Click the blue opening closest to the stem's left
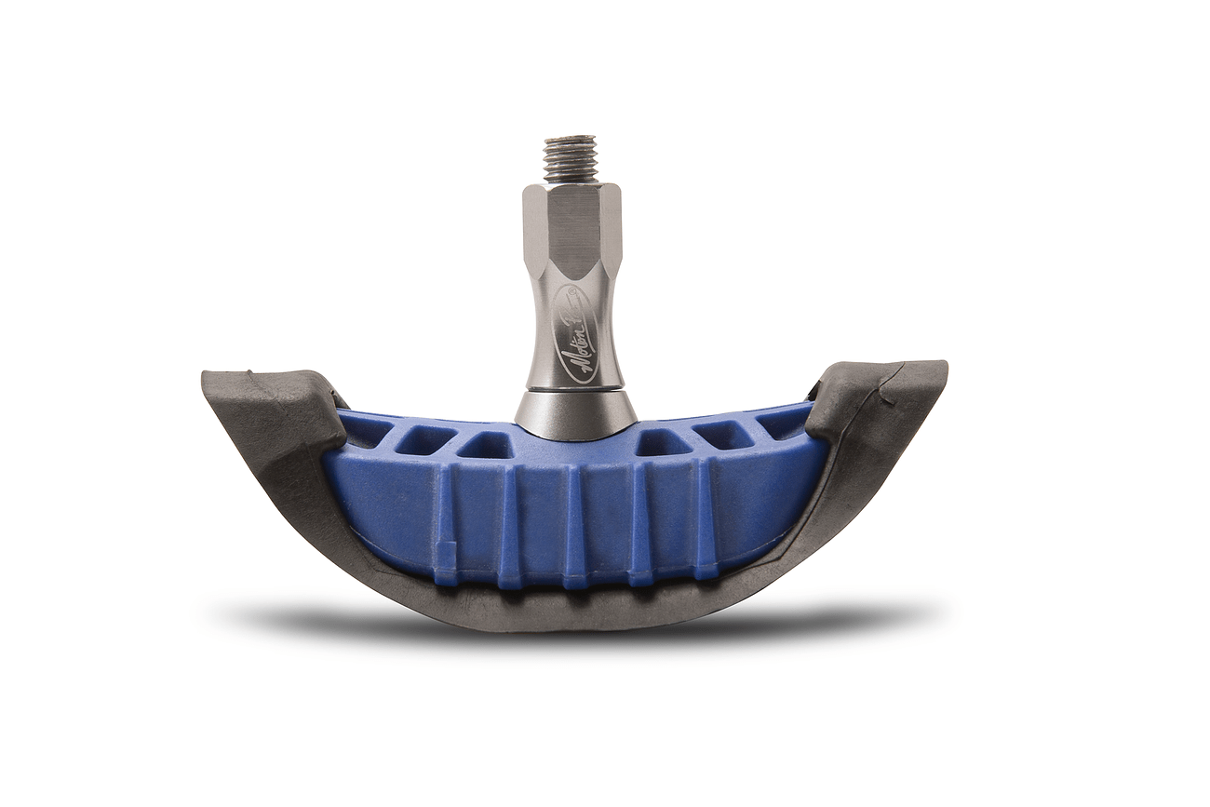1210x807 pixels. [485, 446]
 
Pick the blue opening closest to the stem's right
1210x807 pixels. [662, 444]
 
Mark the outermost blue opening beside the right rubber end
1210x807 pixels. [780, 424]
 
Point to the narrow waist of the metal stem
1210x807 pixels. [573, 307]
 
